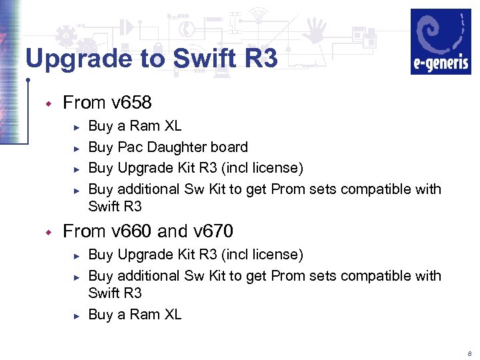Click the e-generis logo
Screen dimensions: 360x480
coord(440,41)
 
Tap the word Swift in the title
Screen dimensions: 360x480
coord(202,59)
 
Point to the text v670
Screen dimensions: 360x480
coord(213,231)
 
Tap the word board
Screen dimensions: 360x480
coord(229,147)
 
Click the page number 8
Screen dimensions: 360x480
coord(469,353)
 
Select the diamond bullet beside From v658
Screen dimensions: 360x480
coord(47,103)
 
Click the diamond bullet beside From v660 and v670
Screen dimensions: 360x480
coord(47,232)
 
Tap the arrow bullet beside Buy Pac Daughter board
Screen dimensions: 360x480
coord(77,148)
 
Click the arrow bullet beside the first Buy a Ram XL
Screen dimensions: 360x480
coord(77,127)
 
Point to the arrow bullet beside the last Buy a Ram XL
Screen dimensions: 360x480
coord(77,315)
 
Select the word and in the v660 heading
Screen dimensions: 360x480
coord(173,231)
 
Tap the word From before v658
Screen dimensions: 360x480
coord(85,103)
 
